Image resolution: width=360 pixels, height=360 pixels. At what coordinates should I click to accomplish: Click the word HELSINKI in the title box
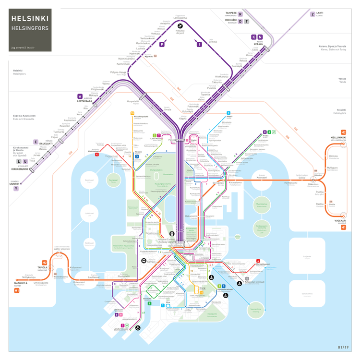[30, 18]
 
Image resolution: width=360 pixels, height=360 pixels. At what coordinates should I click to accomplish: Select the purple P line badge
[162, 44]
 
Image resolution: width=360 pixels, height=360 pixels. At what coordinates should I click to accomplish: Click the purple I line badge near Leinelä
[198, 44]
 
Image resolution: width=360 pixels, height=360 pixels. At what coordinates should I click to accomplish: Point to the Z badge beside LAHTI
[312, 14]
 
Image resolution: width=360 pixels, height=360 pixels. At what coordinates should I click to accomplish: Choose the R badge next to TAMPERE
[240, 14]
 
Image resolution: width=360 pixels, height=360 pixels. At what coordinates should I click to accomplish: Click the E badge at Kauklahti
[35, 142]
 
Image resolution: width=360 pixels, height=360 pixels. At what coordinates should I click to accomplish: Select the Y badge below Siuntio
[16, 189]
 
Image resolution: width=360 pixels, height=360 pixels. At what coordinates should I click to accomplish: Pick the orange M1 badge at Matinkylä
[16, 291]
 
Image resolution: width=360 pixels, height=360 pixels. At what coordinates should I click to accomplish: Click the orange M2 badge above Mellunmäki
[343, 132]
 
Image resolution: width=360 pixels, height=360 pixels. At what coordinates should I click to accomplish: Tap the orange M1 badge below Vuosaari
[343, 227]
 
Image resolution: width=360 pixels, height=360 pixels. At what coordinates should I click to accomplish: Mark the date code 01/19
[344, 347]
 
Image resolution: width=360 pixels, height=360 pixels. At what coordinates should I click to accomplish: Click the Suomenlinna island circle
[255, 310]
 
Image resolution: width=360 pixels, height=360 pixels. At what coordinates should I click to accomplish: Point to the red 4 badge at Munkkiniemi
[97, 155]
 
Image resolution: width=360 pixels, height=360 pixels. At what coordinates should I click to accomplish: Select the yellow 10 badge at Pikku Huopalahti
[132, 113]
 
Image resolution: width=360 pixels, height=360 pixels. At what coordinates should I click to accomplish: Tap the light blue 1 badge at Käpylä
[229, 113]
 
